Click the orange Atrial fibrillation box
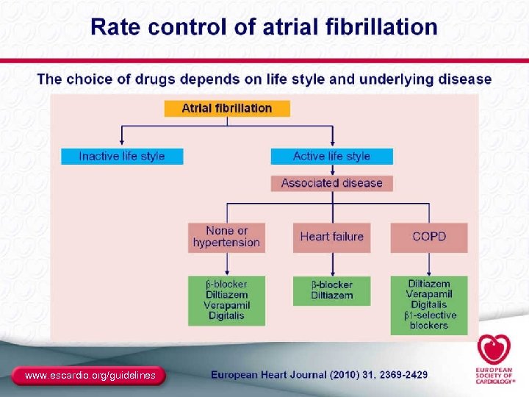click(226, 108)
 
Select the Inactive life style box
click(122, 156)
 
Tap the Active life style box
click(331, 156)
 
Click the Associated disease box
click(331, 183)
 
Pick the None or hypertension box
click(226, 237)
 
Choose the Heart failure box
click(331, 237)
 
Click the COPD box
click(429, 237)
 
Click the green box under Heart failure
click(331, 290)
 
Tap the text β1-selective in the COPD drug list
click(430, 315)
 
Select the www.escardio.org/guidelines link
click(90, 376)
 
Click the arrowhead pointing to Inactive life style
click(122, 143)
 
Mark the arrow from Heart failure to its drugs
click(331, 264)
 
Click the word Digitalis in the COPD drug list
click(429, 304)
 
